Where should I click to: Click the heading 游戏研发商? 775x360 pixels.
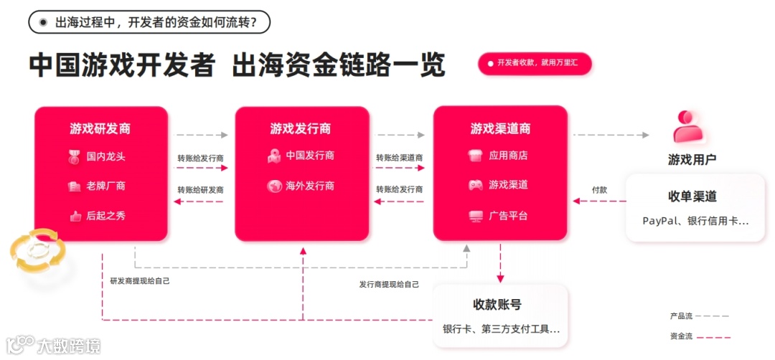click(100, 129)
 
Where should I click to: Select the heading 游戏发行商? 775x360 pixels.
click(301, 129)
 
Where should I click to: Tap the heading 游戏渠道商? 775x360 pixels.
click(500, 129)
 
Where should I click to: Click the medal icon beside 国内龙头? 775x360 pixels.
click(75, 156)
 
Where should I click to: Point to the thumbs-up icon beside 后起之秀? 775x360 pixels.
click(75, 216)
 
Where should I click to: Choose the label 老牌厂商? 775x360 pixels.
click(105, 186)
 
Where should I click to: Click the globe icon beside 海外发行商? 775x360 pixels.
click(274, 186)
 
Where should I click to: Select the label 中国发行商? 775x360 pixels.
click(310, 156)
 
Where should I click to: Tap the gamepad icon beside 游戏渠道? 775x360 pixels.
click(475, 185)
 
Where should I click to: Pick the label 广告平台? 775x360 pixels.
click(508, 215)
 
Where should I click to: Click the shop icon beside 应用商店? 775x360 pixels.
click(475, 156)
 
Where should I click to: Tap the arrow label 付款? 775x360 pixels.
click(599, 190)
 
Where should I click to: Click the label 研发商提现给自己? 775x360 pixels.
click(140, 281)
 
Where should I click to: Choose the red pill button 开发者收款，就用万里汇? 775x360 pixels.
click(535, 63)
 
